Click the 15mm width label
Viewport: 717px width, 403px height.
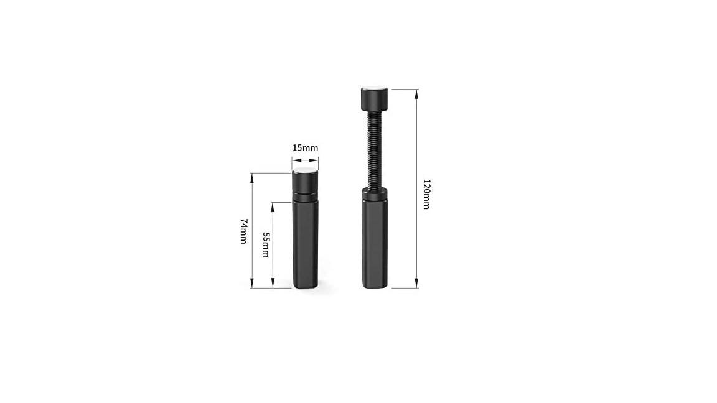click(305, 147)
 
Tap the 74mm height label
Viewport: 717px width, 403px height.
click(244, 231)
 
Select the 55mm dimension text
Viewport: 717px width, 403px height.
click(266, 245)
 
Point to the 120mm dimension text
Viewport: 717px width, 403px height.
click(426, 194)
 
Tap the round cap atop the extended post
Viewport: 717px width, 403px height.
click(375, 99)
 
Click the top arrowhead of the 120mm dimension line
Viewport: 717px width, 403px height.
click(416, 94)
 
